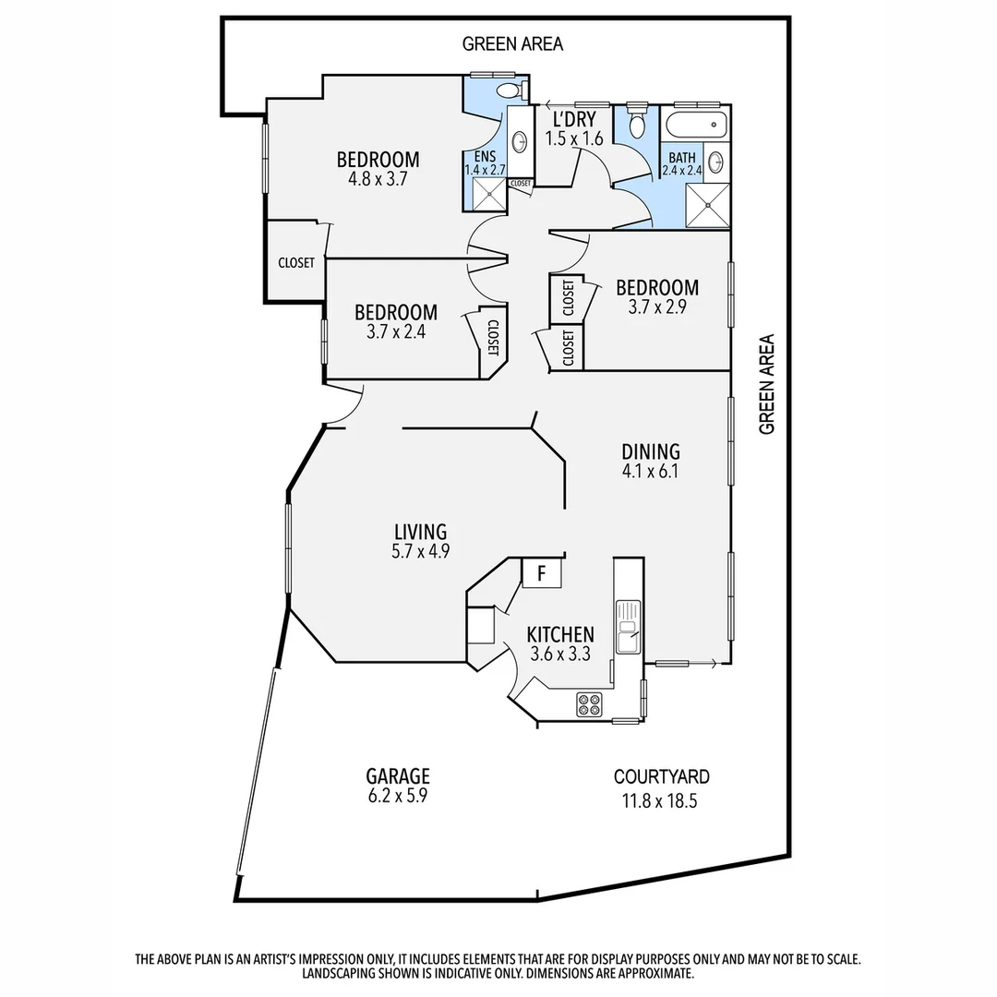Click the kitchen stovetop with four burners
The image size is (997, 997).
(x=589, y=704)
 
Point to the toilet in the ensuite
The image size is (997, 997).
(x=507, y=90)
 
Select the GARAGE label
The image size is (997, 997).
(x=397, y=776)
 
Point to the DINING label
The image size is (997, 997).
(x=650, y=451)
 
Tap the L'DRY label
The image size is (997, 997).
(x=573, y=119)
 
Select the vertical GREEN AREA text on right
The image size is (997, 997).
(x=766, y=384)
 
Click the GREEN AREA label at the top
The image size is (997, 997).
(x=512, y=43)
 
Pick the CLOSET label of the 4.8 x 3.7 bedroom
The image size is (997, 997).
(x=296, y=262)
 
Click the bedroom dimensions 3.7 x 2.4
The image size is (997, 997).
(x=395, y=332)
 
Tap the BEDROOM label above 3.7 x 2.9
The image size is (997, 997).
(x=656, y=287)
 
